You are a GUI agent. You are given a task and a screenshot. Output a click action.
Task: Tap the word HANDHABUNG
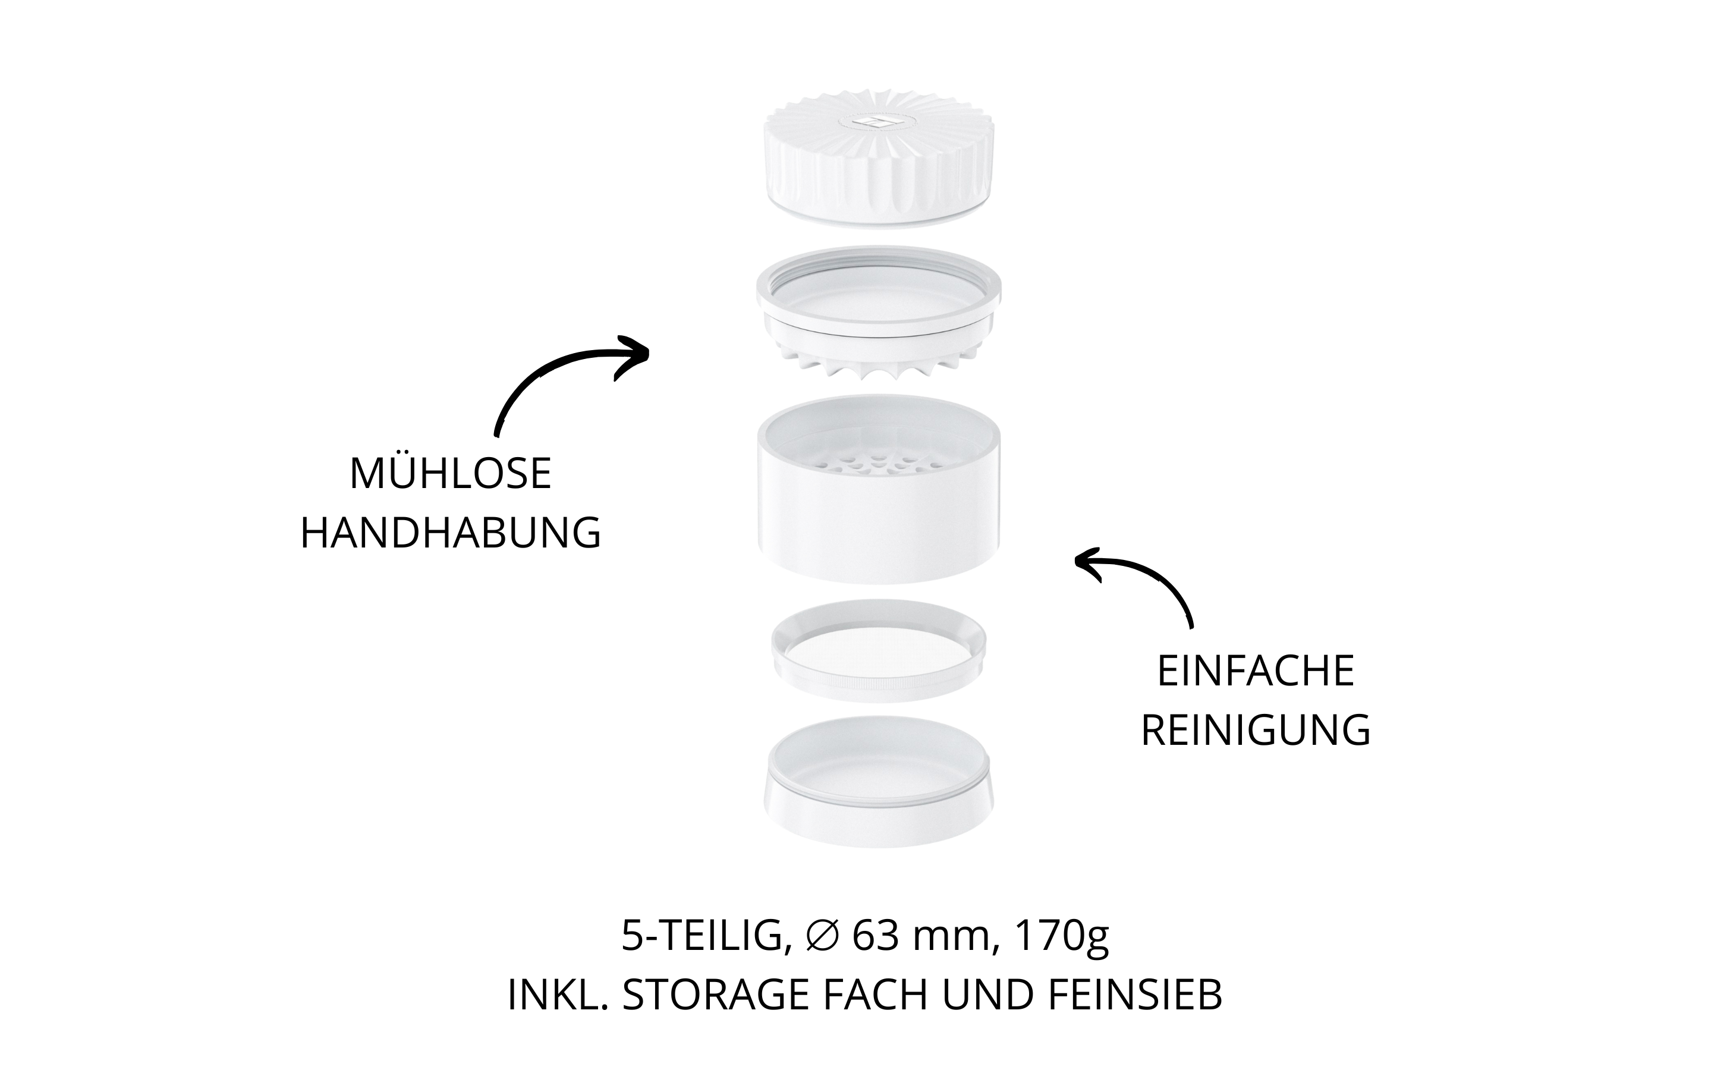pyautogui.click(x=451, y=532)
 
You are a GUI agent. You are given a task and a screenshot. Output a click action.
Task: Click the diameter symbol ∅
pyautogui.click(x=822, y=936)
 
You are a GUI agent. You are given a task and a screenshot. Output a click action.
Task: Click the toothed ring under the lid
pyautogui.click(x=879, y=311)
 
